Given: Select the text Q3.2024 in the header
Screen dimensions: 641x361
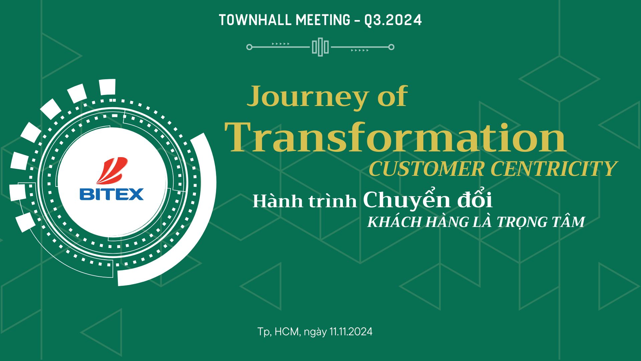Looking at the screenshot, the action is (x=393, y=20).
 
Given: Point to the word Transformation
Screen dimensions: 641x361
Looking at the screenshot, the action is (x=396, y=137).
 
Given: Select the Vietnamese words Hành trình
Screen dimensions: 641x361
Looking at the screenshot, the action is (x=304, y=201).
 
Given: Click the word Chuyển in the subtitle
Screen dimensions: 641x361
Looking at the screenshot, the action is (x=407, y=200).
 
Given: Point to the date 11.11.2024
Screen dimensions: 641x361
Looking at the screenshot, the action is (x=351, y=332).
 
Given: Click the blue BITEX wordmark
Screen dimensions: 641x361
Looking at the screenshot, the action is (x=112, y=194).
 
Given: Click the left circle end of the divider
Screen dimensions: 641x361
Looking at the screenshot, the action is (x=249, y=47).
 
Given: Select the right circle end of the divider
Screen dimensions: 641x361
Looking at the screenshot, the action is (x=391, y=47).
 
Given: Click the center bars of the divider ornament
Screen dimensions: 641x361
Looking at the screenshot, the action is (x=320, y=47).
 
